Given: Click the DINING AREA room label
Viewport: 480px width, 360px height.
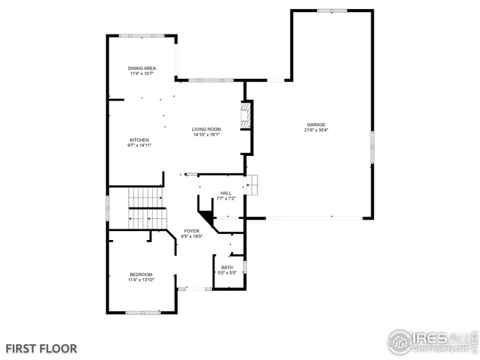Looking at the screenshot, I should click(142, 67).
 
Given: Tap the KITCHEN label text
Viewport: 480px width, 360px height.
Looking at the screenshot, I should click(139, 140).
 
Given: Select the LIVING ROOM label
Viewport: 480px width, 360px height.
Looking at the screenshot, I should click(206, 129).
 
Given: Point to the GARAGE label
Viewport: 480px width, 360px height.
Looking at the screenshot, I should click(315, 124).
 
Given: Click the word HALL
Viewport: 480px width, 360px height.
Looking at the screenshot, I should click(226, 193).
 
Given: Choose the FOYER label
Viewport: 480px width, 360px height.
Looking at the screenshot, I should click(192, 231).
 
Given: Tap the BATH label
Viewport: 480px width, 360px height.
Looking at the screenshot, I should click(226, 267).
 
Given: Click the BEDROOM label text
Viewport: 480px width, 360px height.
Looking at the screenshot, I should click(141, 274).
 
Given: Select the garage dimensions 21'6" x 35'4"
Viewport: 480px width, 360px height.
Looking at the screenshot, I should click(316, 130).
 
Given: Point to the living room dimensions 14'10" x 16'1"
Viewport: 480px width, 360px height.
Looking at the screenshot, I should click(206, 135).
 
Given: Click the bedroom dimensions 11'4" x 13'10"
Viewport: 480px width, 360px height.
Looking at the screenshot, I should click(141, 280).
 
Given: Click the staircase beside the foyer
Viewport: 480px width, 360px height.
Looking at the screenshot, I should click(145, 208).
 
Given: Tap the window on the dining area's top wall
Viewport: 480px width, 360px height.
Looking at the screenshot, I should click(142, 35).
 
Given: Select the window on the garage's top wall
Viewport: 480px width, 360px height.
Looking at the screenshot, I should click(331, 10).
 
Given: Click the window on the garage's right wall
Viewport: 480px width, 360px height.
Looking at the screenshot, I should click(372, 146).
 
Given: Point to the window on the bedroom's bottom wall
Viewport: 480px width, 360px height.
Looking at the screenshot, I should click(142, 312).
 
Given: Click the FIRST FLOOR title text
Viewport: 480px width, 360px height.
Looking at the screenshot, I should click(41, 349).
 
